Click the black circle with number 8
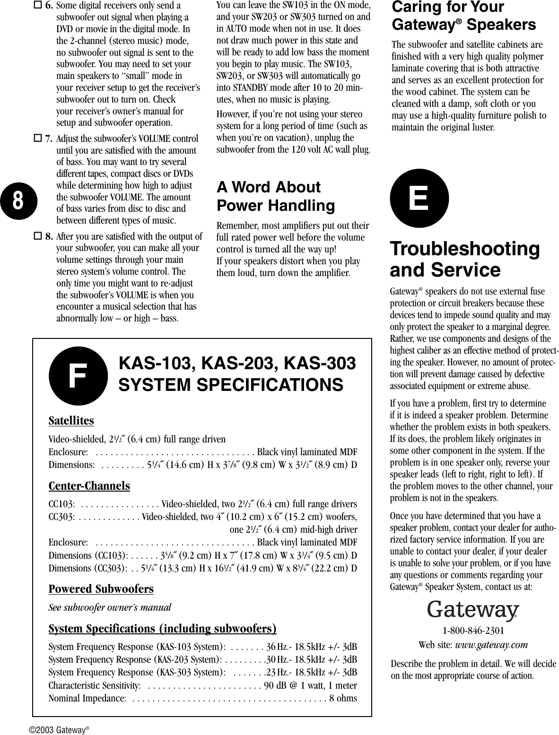(17, 200)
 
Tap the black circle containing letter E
(419, 199)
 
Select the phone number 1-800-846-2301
(473, 631)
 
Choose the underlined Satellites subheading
(71, 421)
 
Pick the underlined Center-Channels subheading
(89, 486)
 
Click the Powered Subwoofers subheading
(101, 589)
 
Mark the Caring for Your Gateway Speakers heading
(463, 16)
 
